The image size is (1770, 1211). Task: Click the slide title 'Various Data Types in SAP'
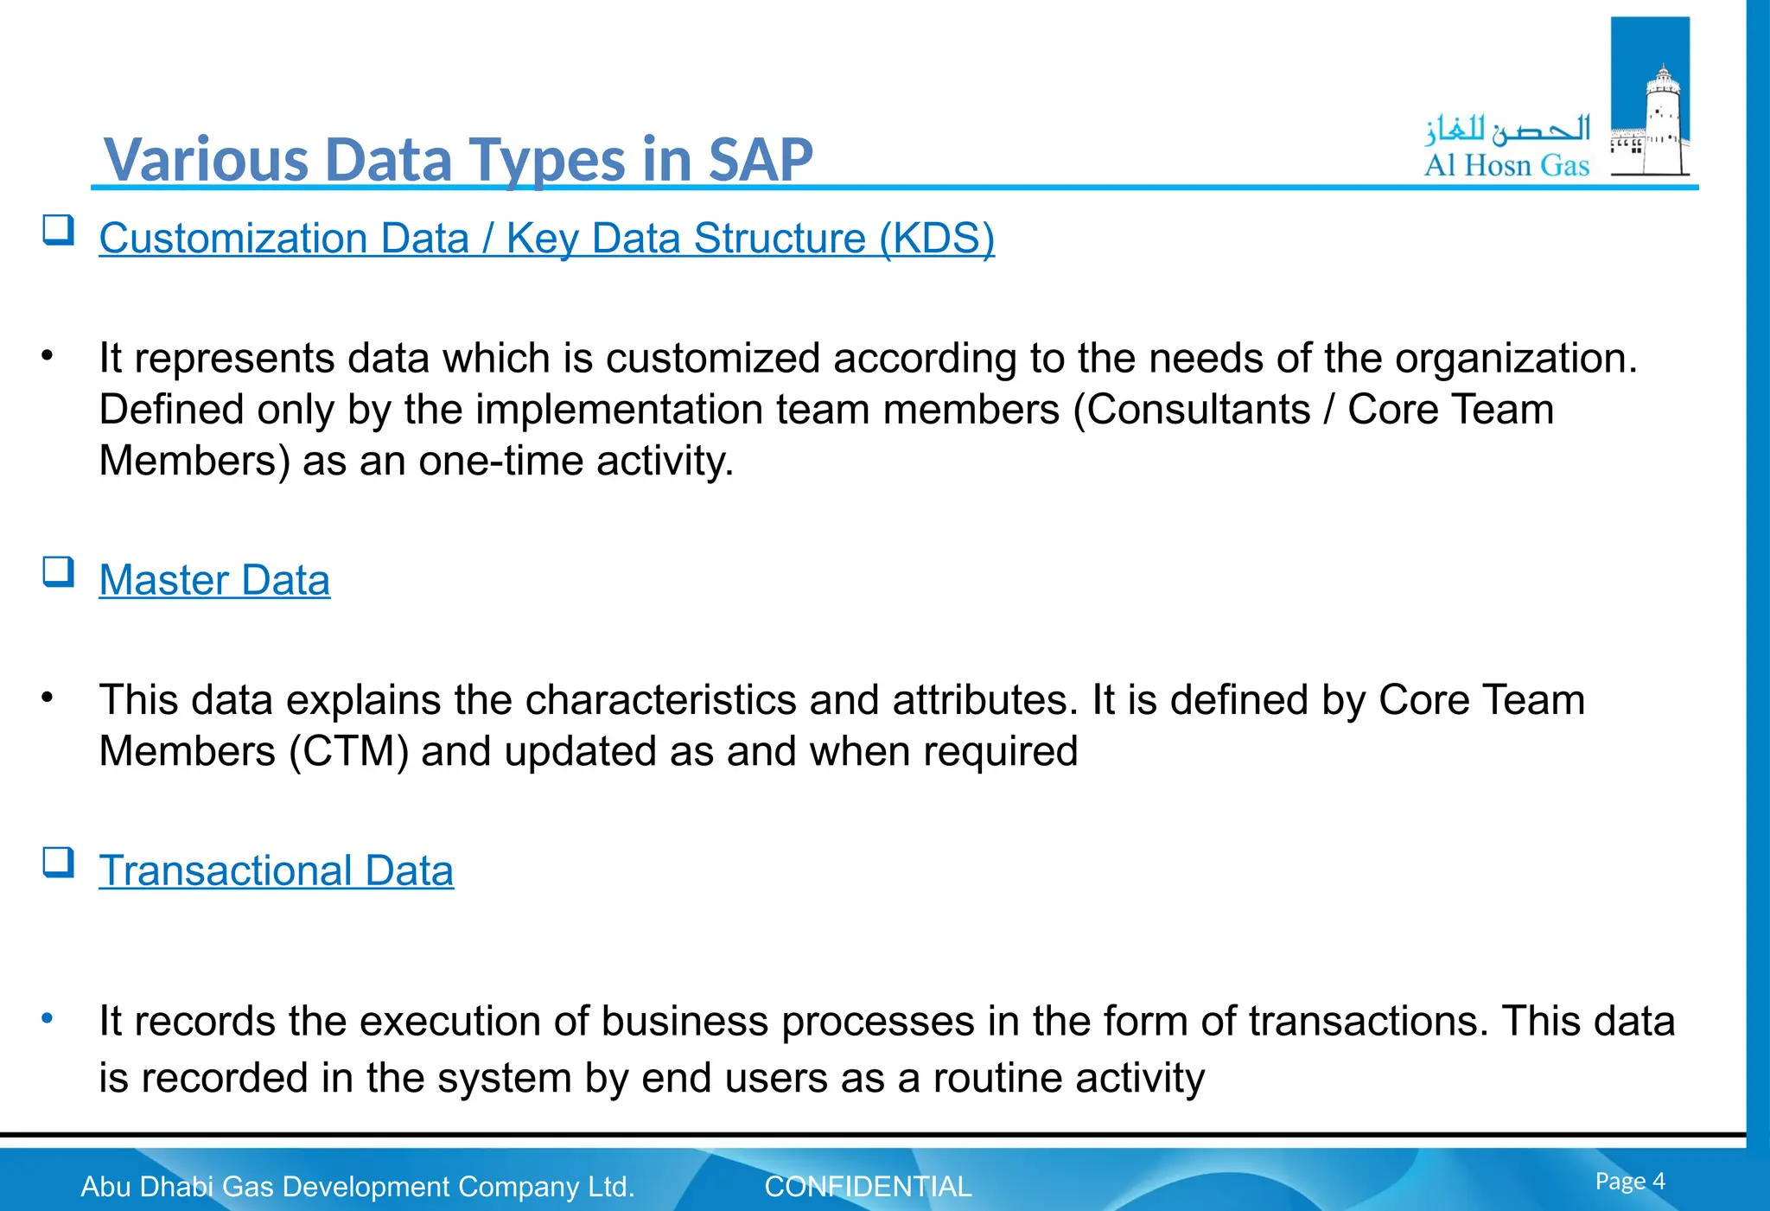[x=458, y=160]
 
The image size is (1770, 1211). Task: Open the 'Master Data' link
[x=214, y=580]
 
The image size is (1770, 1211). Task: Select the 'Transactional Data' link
[x=276, y=870]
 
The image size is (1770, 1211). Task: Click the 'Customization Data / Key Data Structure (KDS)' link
[x=546, y=239]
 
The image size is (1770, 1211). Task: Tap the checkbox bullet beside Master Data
[x=58, y=572]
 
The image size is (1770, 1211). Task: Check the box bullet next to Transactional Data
[x=58, y=863]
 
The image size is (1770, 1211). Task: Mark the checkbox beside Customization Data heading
[x=58, y=230]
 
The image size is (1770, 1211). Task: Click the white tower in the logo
[x=1661, y=121]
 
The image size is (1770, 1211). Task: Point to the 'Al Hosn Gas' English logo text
[x=1506, y=165]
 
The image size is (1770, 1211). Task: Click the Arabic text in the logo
[x=1507, y=130]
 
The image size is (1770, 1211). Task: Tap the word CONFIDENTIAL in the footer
[x=868, y=1187]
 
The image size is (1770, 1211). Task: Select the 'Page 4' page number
[x=1629, y=1181]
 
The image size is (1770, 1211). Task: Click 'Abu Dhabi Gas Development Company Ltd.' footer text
[x=358, y=1187]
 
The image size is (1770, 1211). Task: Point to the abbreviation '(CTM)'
[x=348, y=751]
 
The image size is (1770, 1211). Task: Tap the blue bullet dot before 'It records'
[x=48, y=1018]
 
